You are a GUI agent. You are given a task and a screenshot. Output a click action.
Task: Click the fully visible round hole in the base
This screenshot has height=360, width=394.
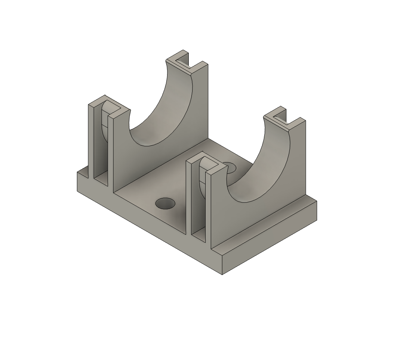click(165, 204)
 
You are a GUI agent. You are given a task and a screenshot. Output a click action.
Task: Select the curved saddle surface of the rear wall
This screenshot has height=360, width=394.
click(161, 112)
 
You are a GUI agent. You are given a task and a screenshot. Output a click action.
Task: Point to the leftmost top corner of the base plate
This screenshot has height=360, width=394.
click(77, 172)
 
